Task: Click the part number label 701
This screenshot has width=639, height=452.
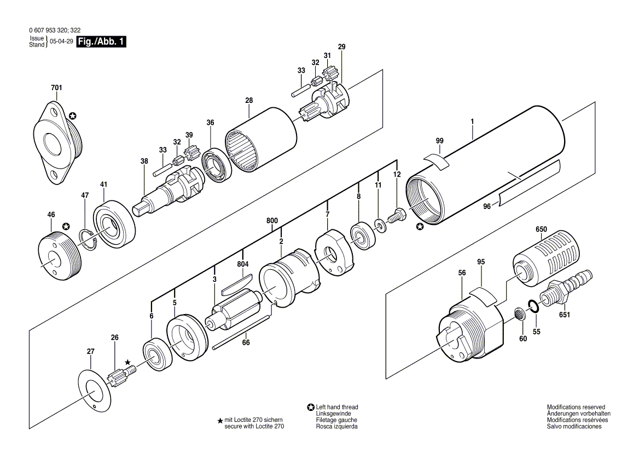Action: point(57,88)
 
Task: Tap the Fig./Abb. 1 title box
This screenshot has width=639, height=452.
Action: point(101,42)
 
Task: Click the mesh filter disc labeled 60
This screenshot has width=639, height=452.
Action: point(519,314)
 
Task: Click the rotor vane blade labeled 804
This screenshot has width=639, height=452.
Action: point(236,283)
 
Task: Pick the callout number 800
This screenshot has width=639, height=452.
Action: point(272,221)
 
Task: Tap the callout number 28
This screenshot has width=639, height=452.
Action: point(249,100)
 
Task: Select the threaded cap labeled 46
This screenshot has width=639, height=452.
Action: point(59,258)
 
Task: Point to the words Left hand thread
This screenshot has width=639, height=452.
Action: point(337,407)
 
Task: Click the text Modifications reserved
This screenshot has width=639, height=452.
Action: point(576,407)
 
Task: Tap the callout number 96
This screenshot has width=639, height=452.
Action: point(487,207)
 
